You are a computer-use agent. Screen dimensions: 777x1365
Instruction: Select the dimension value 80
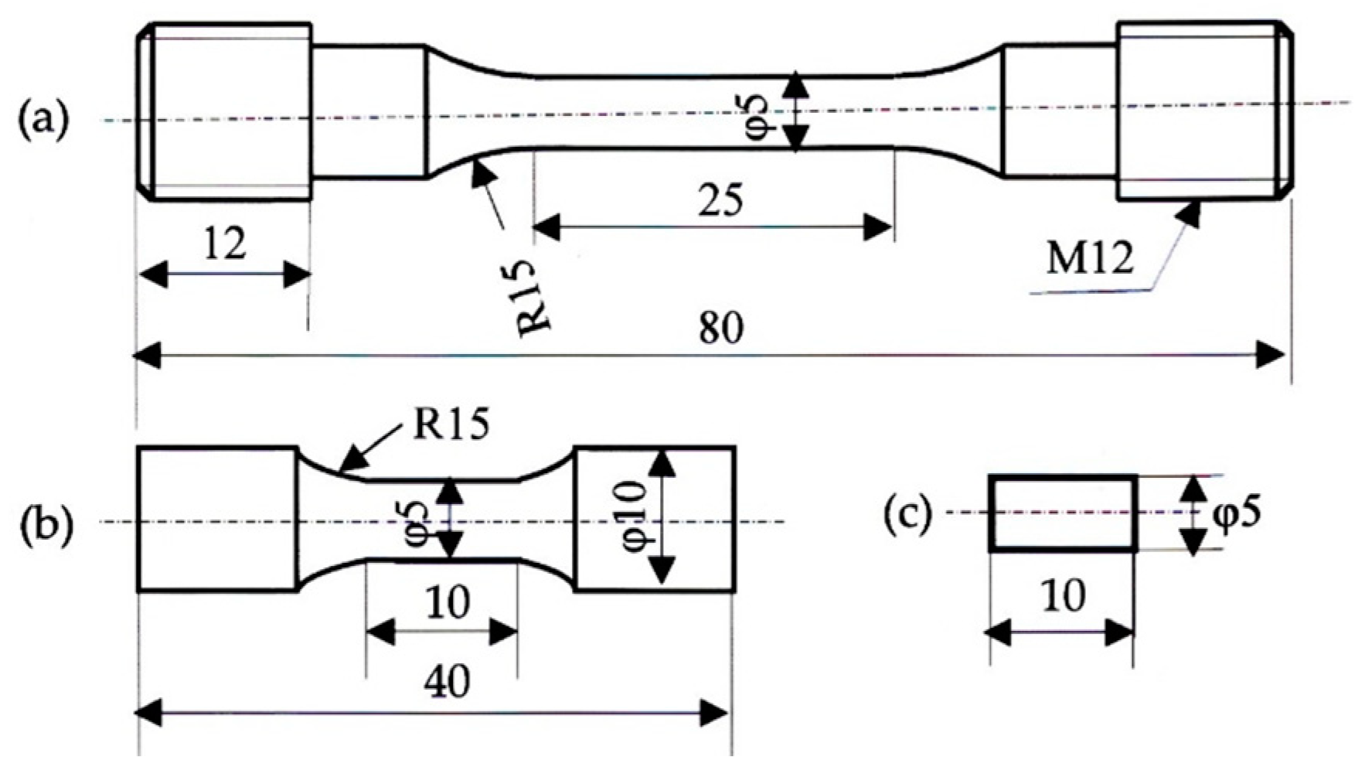coord(720,328)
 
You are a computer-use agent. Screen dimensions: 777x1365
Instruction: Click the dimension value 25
coord(720,201)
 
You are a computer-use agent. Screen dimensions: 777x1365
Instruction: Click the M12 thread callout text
coord(1090,259)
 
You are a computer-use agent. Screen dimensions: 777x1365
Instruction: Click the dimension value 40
coord(447,682)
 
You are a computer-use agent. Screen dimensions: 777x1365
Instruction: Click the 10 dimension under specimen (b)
coord(447,602)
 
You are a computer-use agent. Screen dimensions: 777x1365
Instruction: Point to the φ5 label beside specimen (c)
coord(1237,513)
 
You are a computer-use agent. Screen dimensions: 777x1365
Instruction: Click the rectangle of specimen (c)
coord(1064,513)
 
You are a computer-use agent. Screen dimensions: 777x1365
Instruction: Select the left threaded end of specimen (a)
coord(224,112)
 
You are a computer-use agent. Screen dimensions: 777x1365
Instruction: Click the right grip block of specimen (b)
coord(654,520)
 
